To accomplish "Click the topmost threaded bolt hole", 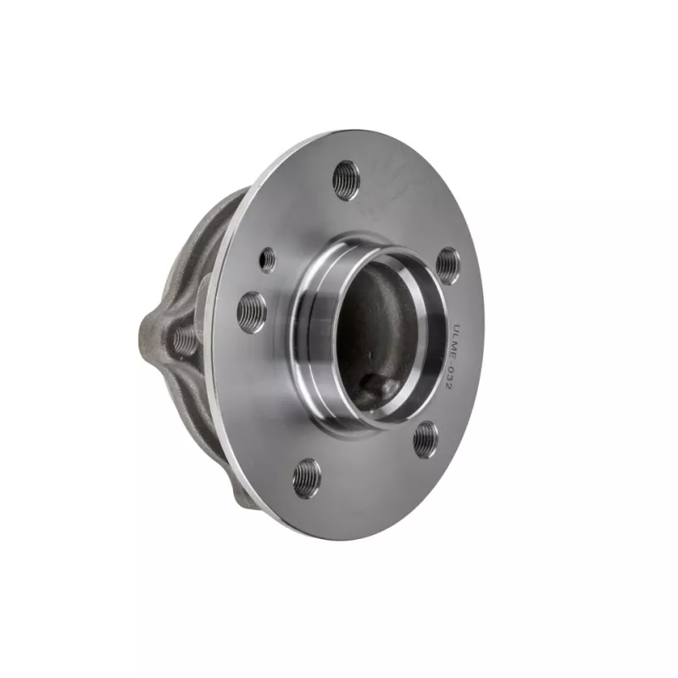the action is click(347, 181).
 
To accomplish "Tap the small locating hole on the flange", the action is click(269, 260).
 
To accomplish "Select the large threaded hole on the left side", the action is click(252, 313).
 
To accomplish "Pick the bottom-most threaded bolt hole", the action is click(307, 479).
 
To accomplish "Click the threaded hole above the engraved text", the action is click(448, 266).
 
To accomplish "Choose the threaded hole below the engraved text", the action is click(426, 440).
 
